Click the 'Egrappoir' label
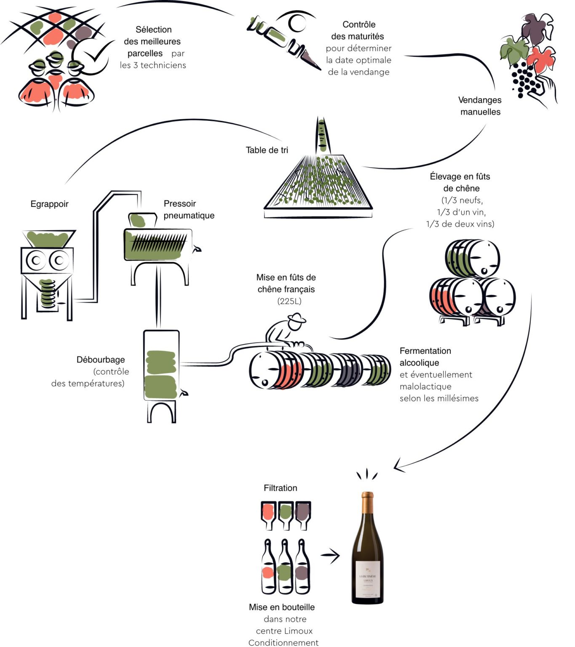pyautogui.click(x=49, y=204)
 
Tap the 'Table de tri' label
pyautogui.click(x=267, y=150)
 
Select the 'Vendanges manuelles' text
pyautogui.click(x=480, y=106)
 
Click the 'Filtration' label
pyautogui.click(x=280, y=488)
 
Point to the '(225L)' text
pyautogui.click(x=289, y=301)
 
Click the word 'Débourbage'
pyautogui.click(x=101, y=360)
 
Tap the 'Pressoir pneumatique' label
pyautogui.click(x=189, y=209)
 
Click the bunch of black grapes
pyautogui.click(x=524, y=79)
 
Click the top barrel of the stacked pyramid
pyautogui.click(x=472, y=258)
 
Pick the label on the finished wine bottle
pyautogui.click(x=368, y=579)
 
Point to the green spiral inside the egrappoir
pyautogui.click(x=48, y=292)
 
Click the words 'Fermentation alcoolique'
pyautogui.click(x=425, y=356)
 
